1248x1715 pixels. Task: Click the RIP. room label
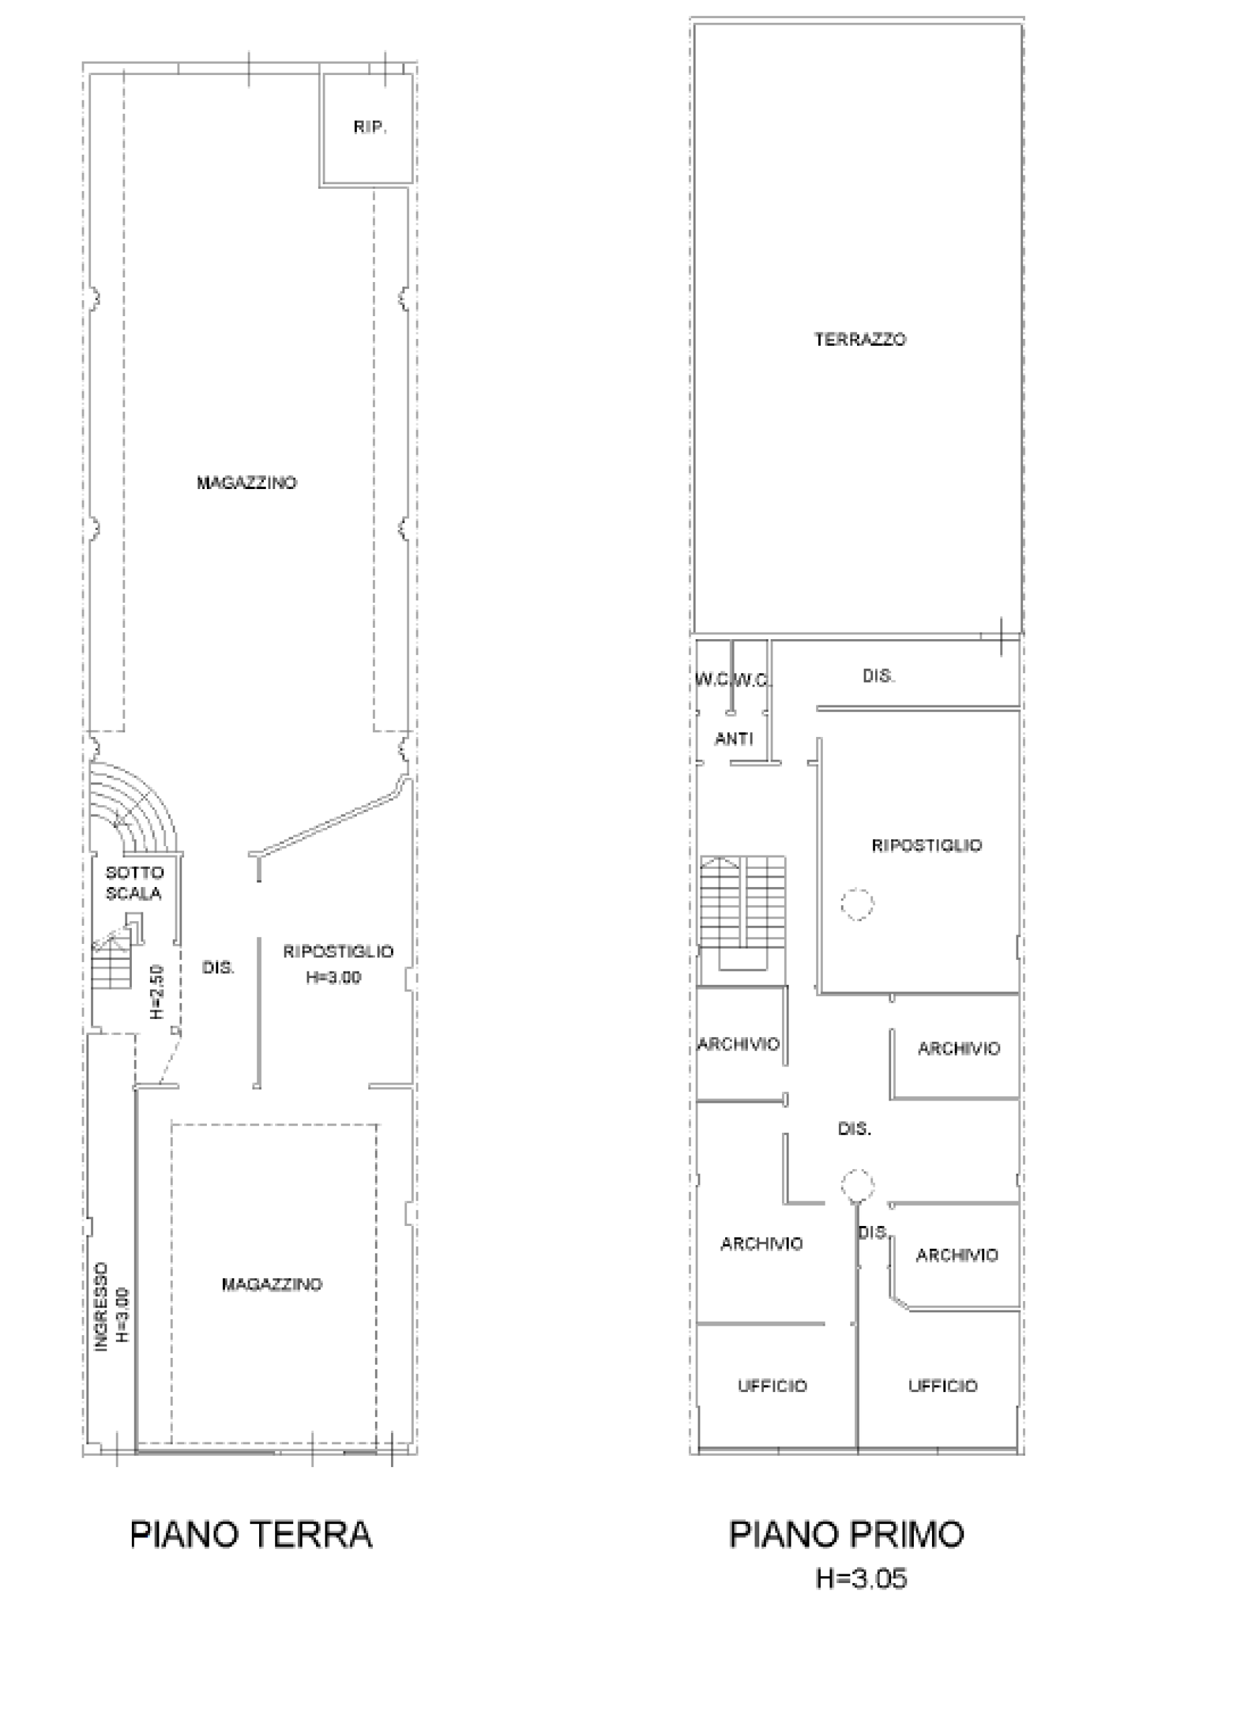pyautogui.click(x=370, y=128)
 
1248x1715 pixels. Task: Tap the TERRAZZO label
pyautogui.click(x=860, y=340)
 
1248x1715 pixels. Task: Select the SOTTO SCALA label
pyautogui.click(x=135, y=883)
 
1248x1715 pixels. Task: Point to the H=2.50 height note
pyautogui.click(x=157, y=991)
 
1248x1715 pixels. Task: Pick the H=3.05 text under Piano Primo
pyautogui.click(x=861, y=1579)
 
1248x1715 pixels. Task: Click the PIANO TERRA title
pyautogui.click(x=251, y=1534)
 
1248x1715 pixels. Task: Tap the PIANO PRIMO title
pyautogui.click(x=846, y=1534)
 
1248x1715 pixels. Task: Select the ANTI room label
pyautogui.click(x=734, y=739)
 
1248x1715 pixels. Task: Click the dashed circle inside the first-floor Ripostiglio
pyautogui.click(x=857, y=903)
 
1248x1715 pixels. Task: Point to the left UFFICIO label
pyautogui.click(x=773, y=1386)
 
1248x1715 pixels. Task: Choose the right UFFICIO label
pyautogui.click(x=943, y=1386)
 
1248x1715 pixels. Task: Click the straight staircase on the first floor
pyautogui.click(x=743, y=914)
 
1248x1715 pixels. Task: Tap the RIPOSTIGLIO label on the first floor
pyautogui.click(x=927, y=845)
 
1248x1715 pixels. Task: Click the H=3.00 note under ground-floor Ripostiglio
pyautogui.click(x=333, y=977)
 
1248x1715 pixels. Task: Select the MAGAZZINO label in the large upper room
pyautogui.click(x=247, y=482)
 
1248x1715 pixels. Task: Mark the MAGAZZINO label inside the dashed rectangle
pyautogui.click(x=272, y=1284)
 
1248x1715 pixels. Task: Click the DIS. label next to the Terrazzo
pyautogui.click(x=878, y=676)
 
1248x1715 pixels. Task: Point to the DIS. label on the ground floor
pyautogui.click(x=218, y=967)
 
